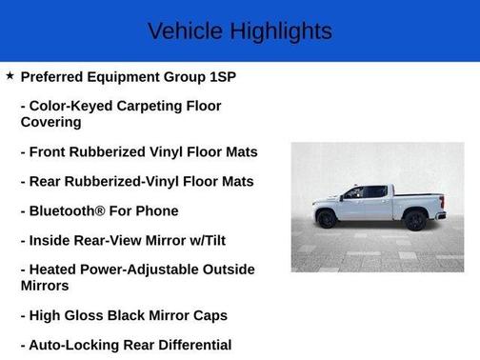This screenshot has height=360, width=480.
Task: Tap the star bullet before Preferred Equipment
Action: [10, 75]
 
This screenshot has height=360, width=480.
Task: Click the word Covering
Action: [51, 122]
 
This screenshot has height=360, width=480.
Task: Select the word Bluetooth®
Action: [70, 210]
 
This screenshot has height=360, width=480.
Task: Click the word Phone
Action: [157, 210]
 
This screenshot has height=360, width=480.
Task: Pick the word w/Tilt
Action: [229, 240]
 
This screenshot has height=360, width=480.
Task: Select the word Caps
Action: [209, 315]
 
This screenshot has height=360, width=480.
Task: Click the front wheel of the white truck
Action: [328, 220]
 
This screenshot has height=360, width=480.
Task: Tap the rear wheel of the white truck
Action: [415, 220]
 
